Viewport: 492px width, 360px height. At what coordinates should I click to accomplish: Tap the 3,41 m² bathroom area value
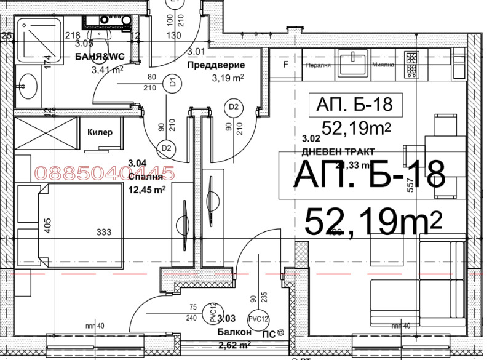click(107, 70)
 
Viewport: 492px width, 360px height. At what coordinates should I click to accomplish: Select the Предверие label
click(216, 65)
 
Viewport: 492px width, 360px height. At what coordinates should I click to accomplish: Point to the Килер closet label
click(99, 132)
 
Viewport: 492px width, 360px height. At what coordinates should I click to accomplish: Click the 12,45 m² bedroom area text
click(146, 190)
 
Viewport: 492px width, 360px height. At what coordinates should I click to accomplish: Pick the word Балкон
click(234, 332)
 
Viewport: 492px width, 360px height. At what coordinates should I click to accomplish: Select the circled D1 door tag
click(173, 81)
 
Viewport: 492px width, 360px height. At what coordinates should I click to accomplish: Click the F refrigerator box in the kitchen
click(285, 64)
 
